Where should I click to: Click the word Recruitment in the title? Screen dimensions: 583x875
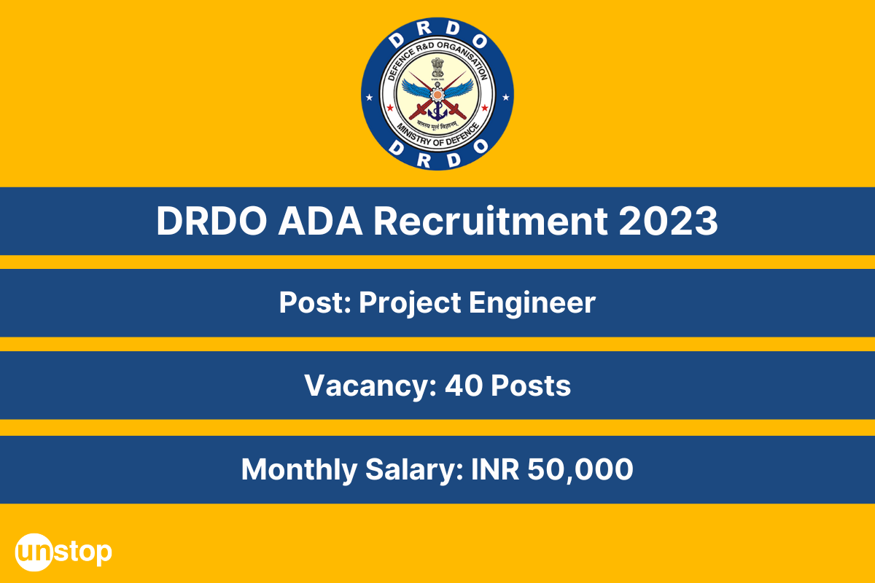[x=491, y=222]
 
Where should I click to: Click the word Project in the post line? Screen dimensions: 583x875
[x=408, y=302]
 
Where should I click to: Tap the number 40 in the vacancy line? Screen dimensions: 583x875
[x=463, y=386]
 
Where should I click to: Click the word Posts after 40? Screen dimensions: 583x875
[x=530, y=386]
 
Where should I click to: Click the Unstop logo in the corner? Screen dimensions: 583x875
[x=63, y=551]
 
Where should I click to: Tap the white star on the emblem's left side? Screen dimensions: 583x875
[x=368, y=96]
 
